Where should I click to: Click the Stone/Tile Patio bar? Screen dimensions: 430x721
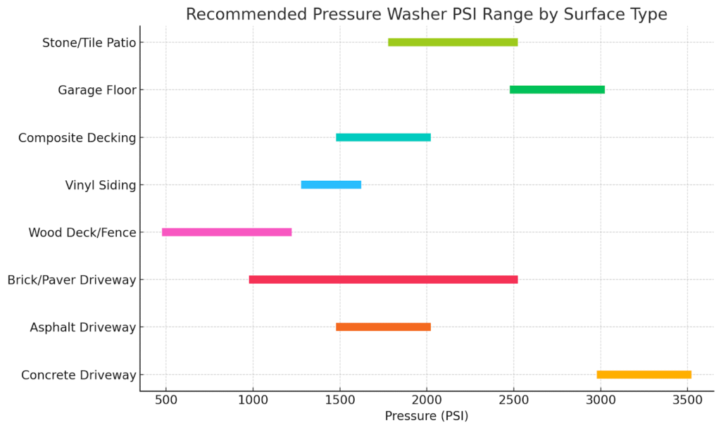(453, 42)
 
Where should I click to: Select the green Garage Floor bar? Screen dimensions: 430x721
(557, 89)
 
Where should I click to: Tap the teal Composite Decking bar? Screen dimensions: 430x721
(383, 137)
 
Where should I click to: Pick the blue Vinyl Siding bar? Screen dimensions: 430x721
(331, 184)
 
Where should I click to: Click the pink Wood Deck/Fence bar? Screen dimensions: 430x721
(227, 232)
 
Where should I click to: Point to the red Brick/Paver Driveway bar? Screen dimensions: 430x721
(383, 279)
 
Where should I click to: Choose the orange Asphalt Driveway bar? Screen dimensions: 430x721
(383, 327)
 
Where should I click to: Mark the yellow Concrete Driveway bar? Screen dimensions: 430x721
(644, 374)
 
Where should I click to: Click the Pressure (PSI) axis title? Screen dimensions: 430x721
(426, 416)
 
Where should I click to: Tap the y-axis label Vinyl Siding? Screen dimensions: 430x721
(101, 185)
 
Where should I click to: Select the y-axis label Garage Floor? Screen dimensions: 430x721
(97, 90)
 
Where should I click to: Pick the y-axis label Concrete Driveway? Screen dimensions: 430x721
(79, 375)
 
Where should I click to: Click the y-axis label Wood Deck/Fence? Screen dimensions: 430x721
(82, 232)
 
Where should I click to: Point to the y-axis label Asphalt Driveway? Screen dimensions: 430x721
(83, 327)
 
